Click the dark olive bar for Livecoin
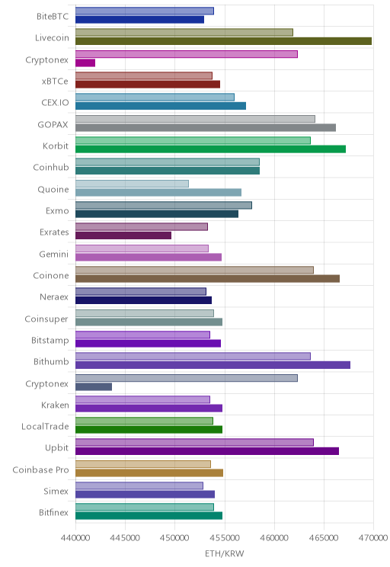click(223, 41)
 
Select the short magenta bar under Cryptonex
click(85, 63)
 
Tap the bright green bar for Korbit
click(210, 149)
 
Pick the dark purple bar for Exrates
click(123, 235)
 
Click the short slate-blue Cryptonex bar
click(94, 386)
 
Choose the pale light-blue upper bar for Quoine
click(132, 184)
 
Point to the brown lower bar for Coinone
click(207, 278)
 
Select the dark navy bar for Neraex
click(143, 300)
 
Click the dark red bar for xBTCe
click(148, 85)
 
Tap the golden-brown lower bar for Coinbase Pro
click(149, 472)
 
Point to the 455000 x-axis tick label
click(225, 538)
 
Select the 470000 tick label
click(373, 538)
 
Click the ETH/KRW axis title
click(225, 553)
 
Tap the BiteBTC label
click(53, 16)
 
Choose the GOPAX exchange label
click(53, 124)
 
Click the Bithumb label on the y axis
click(51, 361)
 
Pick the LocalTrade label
click(45, 426)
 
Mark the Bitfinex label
click(53, 512)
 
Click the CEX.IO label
click(55, 103)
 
